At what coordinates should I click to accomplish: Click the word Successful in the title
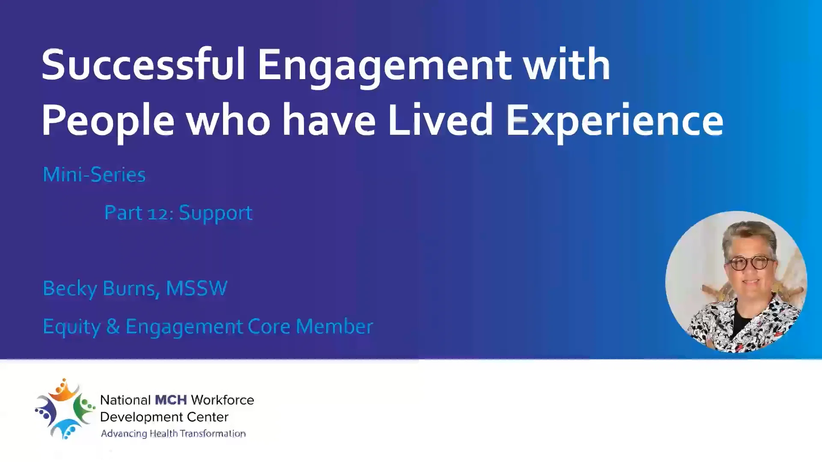point(143,65)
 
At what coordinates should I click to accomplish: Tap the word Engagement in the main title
point(384,66)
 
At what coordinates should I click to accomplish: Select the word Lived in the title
point(441,121)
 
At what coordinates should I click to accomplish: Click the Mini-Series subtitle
point(94,175)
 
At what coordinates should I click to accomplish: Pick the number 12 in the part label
point(158,213)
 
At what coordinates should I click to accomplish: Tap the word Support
point(215,213)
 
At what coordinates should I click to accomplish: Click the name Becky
point(70,289)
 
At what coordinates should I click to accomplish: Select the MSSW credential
point(197,288)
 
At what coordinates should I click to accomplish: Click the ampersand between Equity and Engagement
point(113,326)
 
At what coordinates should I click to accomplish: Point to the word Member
point(334,326)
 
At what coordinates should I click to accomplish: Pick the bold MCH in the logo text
point(170,400)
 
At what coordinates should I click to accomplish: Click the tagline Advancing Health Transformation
point(173,434)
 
